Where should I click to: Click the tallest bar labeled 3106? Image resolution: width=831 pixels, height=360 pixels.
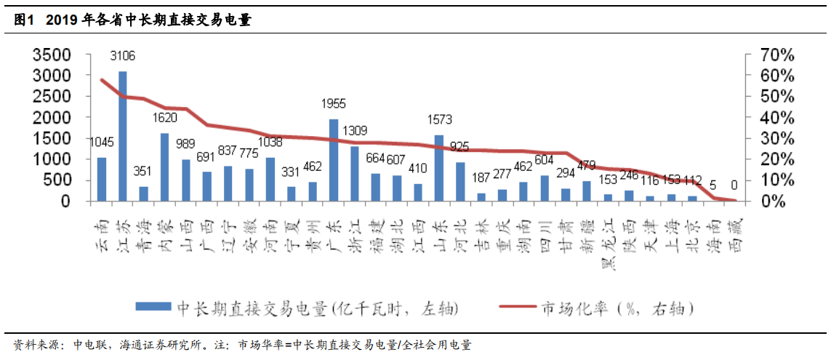pos(123,136)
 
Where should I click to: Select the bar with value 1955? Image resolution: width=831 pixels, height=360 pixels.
pos(334,160)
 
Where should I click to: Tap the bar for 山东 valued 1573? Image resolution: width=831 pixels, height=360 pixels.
pos(439,168)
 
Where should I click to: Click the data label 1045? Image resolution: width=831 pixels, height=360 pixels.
pos(101,142)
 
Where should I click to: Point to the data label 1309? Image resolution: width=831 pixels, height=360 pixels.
pos(356,131)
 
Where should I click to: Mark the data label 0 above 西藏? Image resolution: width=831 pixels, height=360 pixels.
pos(734,185)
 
